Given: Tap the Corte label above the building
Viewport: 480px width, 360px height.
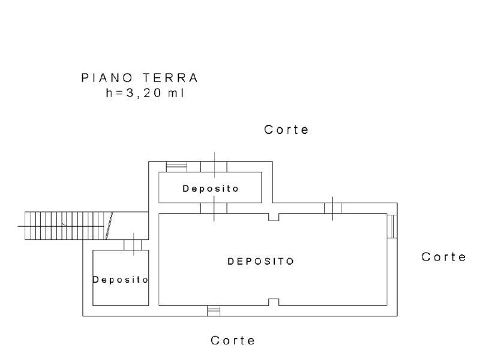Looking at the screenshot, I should tap(286, 130).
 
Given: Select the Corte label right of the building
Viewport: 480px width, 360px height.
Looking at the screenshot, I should tap(443, 257).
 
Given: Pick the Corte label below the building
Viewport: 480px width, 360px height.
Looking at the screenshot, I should tap(233, 340).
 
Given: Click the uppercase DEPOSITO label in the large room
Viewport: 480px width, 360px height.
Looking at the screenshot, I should tap(260, 262).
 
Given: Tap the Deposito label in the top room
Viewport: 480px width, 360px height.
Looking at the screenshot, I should tap(211, 188).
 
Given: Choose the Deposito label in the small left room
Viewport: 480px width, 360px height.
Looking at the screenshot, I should tap(120, 280).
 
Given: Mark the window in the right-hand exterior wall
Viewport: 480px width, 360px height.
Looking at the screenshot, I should tap(391, 227).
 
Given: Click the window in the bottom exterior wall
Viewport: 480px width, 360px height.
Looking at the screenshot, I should tap(214, 310).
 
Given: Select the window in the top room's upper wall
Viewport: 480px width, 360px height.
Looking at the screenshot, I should tap(176, 166).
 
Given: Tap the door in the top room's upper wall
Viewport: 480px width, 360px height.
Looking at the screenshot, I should tap(214, 166).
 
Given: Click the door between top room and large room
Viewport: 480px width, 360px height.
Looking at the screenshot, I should tap(214, 208).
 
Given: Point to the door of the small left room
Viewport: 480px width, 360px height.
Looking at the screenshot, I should tap(133, 245).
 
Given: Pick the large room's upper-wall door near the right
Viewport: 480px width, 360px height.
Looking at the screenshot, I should tap(333, 208).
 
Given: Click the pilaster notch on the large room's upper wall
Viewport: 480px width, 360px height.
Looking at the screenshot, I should tap(274, 217).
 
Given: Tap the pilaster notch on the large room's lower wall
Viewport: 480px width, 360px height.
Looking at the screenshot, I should tap(274, 302).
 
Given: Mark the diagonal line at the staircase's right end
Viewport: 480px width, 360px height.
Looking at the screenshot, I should tap(110, 226).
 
